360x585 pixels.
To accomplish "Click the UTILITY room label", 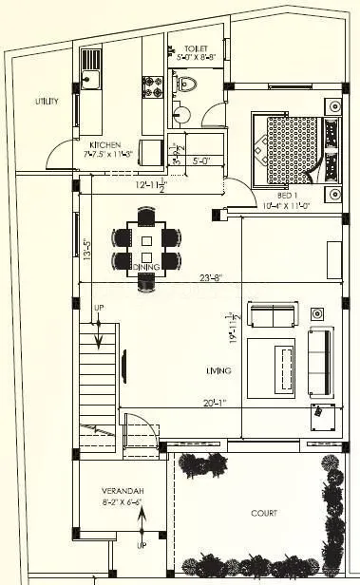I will click(x=47, y=101).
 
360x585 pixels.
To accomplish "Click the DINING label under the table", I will click(x=145, y=268).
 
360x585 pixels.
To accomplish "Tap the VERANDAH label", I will click(x=123, y=491).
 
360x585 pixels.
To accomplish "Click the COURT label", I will click(x=265, y=513).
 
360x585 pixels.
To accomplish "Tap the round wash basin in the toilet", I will click(x=183, y=117).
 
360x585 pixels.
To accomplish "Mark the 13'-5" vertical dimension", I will click(x=86, y=250).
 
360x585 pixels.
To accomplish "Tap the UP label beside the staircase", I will click(x=98, y=309).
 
